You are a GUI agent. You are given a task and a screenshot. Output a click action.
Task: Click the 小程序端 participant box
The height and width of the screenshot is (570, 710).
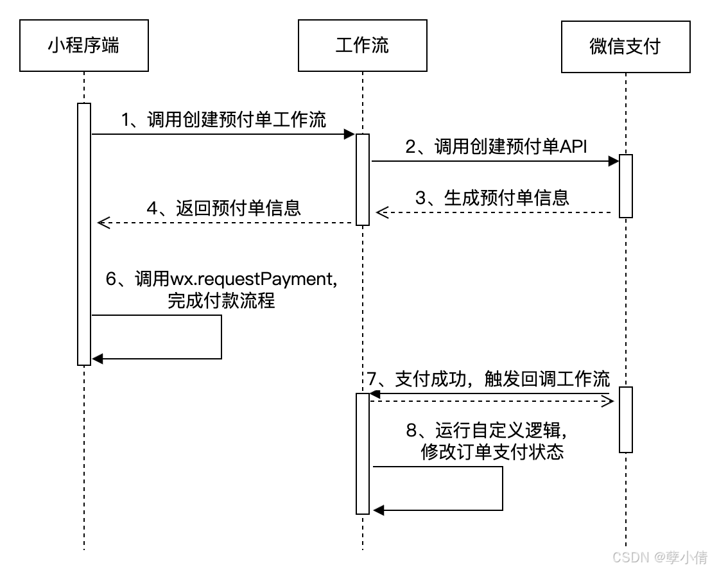click(84, 46)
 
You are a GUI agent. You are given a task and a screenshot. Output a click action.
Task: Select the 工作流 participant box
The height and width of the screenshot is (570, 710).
click(362, 46)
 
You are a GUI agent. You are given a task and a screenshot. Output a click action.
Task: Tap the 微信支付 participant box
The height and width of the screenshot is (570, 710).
click(625, 46)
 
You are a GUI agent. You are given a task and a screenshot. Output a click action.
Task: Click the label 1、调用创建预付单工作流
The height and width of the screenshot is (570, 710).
click(224, 119)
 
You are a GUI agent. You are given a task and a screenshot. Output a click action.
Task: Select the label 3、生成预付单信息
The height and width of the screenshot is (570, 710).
click(492, 197)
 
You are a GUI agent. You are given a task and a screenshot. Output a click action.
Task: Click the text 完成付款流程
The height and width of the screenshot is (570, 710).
click(221, 300)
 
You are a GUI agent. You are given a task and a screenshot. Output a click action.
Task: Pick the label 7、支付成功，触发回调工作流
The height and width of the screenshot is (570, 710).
click(489, 379)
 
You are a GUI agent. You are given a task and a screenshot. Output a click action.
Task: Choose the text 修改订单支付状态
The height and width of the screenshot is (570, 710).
click(492, 452)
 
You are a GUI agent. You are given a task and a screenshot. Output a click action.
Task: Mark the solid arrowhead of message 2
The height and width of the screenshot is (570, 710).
click(613, 162)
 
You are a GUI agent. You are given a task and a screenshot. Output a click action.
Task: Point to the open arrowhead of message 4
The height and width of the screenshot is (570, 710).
click(103, 223)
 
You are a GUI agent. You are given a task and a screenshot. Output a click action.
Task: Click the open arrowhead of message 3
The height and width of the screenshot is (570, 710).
click(381, 212)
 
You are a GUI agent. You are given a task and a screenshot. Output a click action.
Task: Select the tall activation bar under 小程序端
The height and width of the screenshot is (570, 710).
click(84, 234)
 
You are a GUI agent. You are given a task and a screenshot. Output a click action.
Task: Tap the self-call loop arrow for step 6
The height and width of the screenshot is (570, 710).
click(221, 337)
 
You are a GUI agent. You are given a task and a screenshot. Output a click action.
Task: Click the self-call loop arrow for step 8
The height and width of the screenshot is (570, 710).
click(501, 488)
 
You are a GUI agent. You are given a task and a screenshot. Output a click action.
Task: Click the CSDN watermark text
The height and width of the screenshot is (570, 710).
click(659, 557)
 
